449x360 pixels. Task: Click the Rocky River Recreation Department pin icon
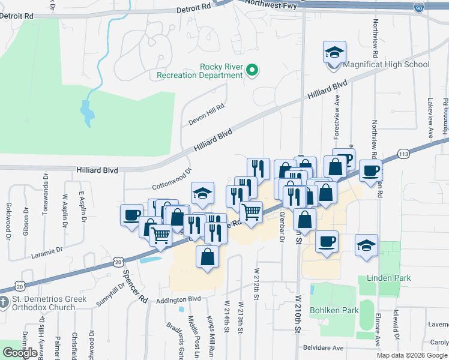click(252, 71)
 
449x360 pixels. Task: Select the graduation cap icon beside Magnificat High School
click(335, 53)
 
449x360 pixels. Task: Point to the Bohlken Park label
click(334, 310)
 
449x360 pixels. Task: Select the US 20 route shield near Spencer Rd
click(118, 262)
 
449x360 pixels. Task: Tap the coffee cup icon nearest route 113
click(370, 171)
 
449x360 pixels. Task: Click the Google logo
click(20, 352)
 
